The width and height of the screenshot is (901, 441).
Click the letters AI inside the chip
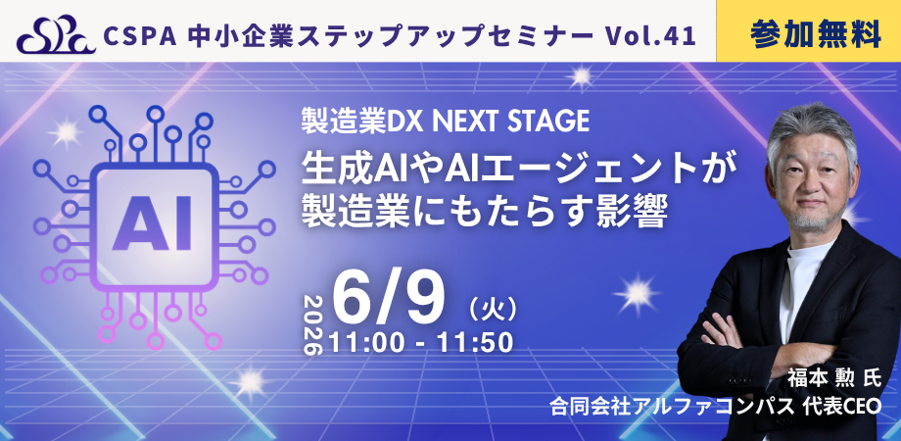152,223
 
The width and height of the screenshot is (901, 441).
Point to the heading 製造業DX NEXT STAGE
446,121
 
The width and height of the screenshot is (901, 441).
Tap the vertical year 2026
313,325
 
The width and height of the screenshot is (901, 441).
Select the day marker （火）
494,311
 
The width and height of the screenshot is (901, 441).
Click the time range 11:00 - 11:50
420,343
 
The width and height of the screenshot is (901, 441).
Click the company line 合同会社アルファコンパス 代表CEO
715,407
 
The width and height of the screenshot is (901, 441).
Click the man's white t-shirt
800,282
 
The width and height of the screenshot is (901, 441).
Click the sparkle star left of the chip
66,133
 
